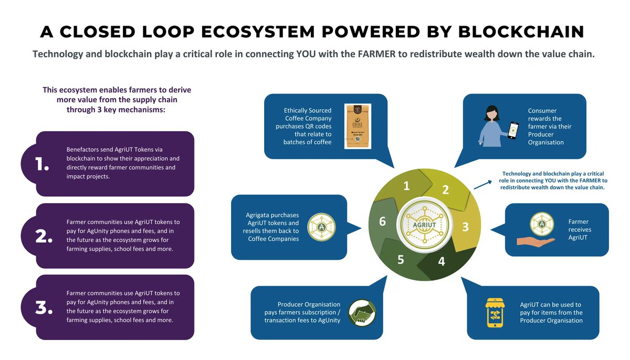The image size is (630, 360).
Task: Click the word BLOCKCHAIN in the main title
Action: [521, 31]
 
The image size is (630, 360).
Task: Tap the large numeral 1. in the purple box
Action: [42, 165]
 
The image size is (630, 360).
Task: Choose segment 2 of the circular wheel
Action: [445, 189]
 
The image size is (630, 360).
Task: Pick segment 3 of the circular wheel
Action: [465, 227]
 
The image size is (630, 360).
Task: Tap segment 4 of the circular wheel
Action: [441, 261]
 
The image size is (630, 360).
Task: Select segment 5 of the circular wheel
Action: [400, 259]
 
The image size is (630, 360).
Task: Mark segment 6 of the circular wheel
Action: [383, 222]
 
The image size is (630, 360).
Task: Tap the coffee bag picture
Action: [357, 126]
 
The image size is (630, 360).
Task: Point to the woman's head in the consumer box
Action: [491, 112]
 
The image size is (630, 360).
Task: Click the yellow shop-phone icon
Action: [497, 312]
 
